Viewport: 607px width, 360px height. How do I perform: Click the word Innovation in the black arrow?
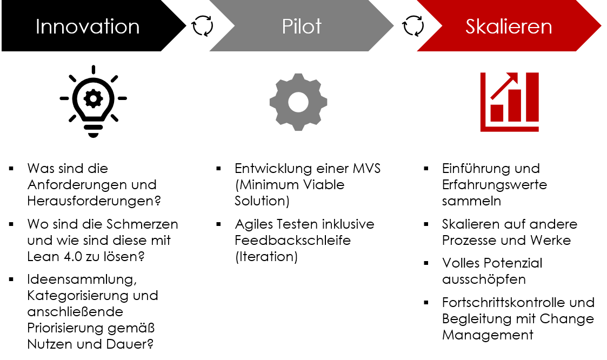tap(88, 26)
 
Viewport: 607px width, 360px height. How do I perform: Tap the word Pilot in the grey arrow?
tap(302, 26)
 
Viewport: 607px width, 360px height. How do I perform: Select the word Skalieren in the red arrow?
tap(509, 26)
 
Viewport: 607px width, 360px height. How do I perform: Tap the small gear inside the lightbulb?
tap(94, 98)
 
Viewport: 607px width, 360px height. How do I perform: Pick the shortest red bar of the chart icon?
tap(497, 113)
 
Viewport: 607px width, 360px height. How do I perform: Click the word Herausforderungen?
tap(94, 201)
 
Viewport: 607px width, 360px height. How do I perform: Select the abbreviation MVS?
tap(366, 169)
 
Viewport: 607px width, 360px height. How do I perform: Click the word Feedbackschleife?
tap(292, 240)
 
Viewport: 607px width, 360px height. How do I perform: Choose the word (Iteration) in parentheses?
tap(266, 257)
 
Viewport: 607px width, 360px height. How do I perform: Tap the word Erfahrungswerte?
tap(495, 185)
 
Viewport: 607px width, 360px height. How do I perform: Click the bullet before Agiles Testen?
tap(219, 224)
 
